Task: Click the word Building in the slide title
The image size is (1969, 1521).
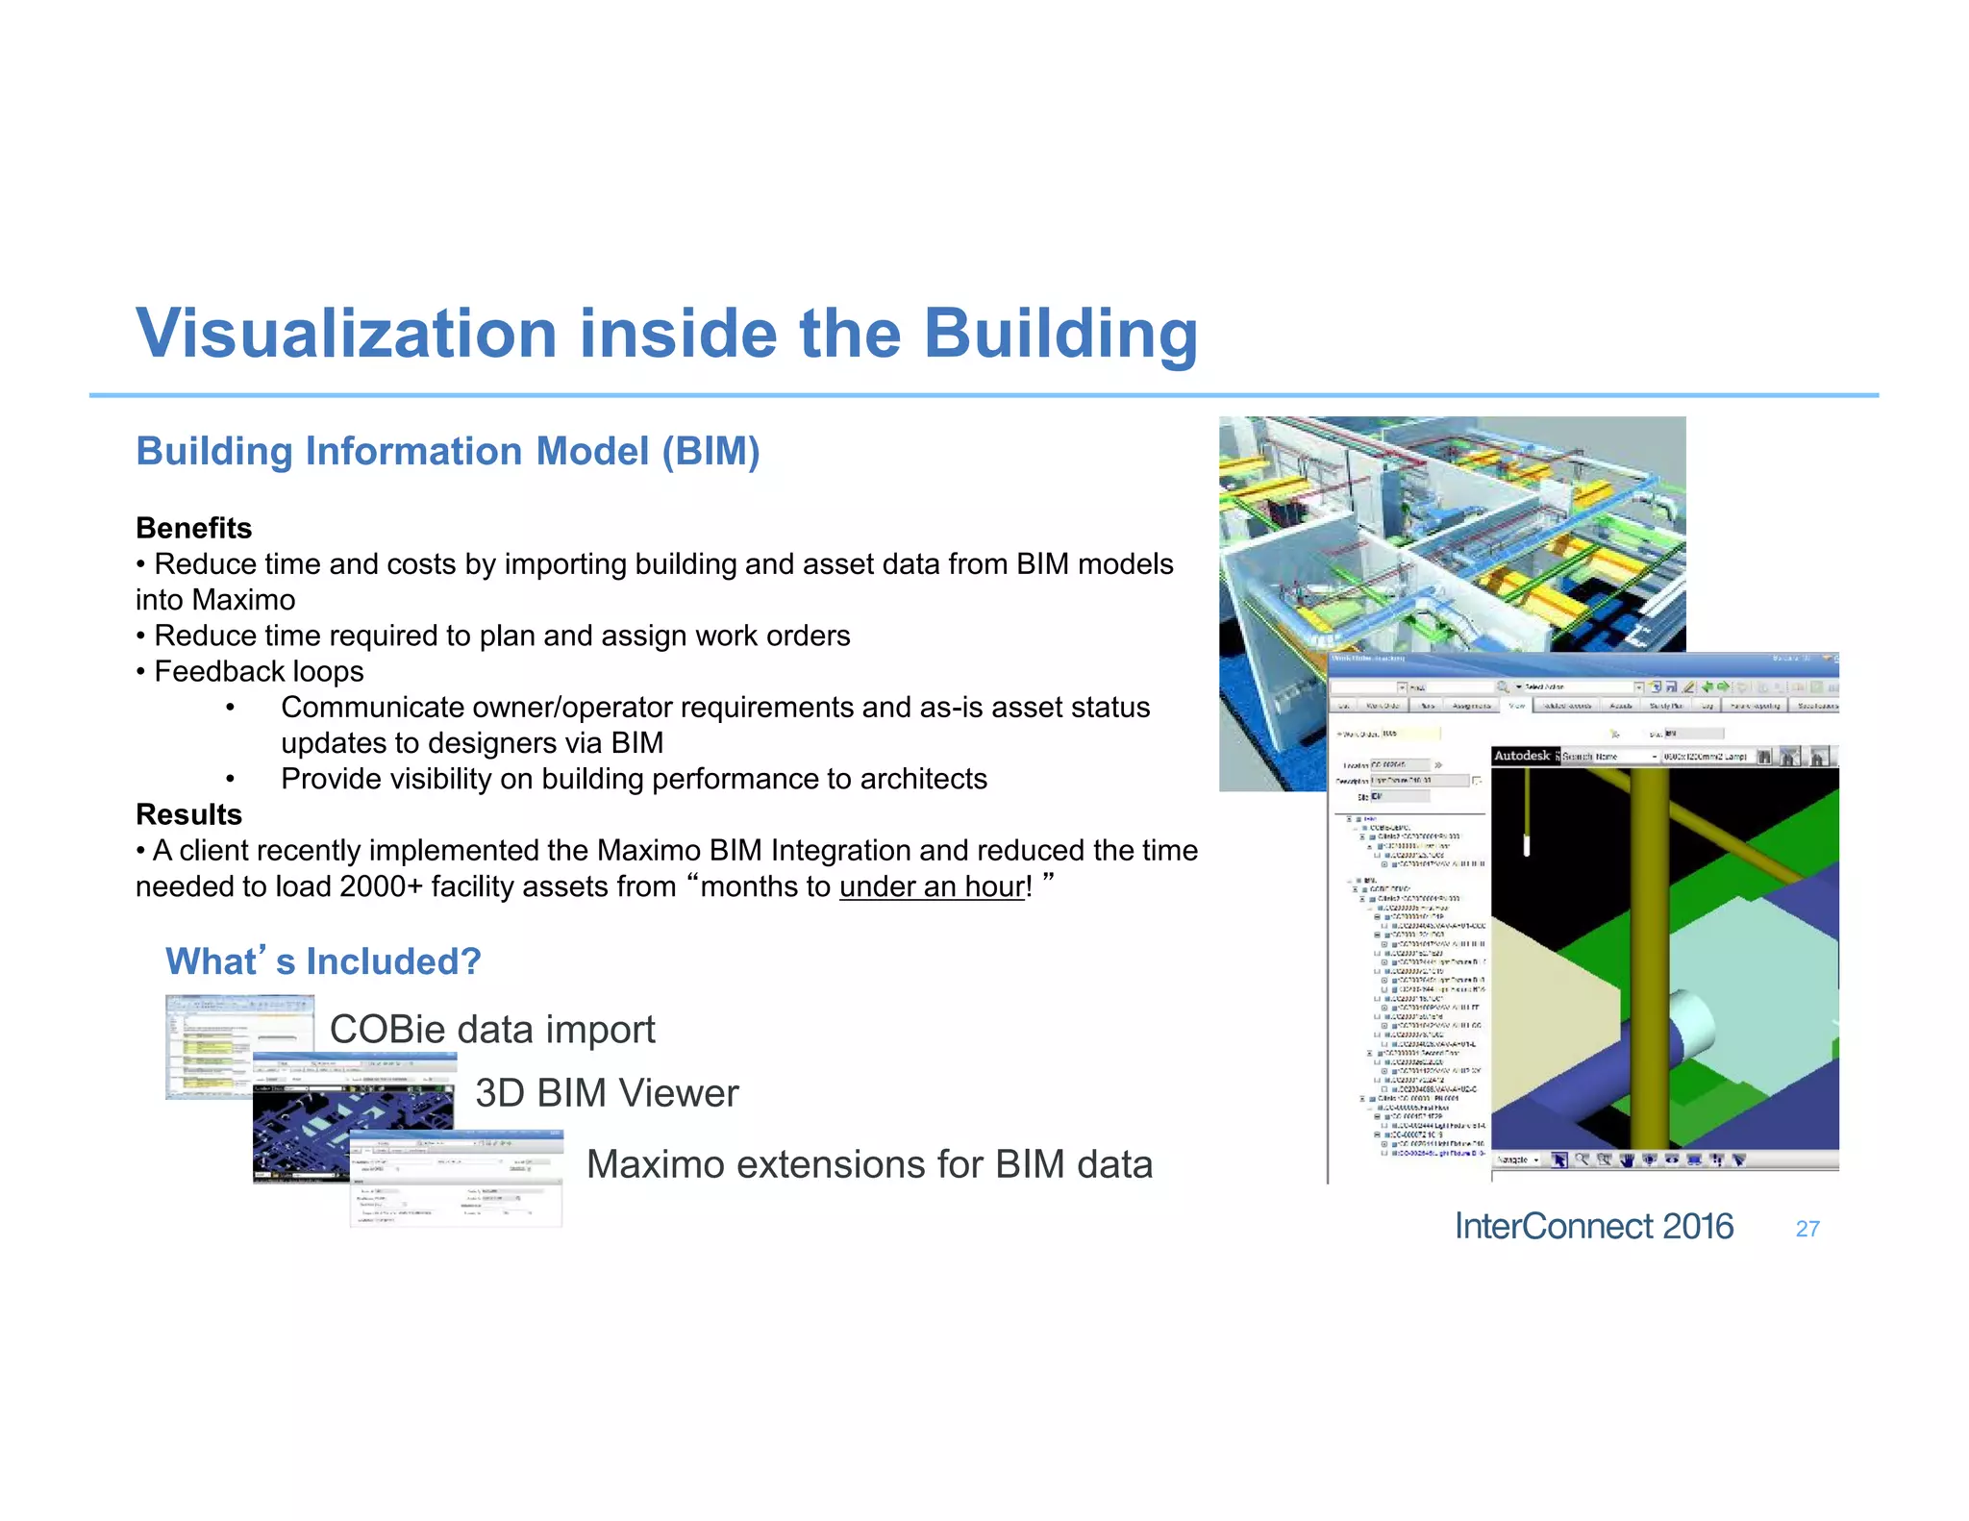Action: tap(1060, 334)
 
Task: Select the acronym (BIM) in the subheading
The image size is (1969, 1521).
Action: tap(710, 452)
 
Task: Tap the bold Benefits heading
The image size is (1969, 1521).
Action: tap(193, 528)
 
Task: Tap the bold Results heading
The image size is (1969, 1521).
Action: tap(188, 814)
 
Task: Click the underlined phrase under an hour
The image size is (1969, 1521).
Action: tap(932, 886)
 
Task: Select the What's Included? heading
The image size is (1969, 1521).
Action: tap(323, 961)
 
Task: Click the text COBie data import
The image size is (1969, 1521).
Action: tap(492, 1030)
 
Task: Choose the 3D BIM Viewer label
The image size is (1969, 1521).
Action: tap(607, 1093)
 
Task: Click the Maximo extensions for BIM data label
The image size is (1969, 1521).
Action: tap(869, 1164)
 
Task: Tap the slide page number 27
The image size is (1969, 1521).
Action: tap(1807, 1229)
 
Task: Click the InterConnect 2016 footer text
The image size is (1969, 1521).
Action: tap(1593, 1227)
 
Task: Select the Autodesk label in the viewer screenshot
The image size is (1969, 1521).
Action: tap(1522, 756)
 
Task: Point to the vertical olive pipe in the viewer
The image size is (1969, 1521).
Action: tap(1650, 961)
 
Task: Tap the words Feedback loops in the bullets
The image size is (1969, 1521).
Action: tap(259, 671)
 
